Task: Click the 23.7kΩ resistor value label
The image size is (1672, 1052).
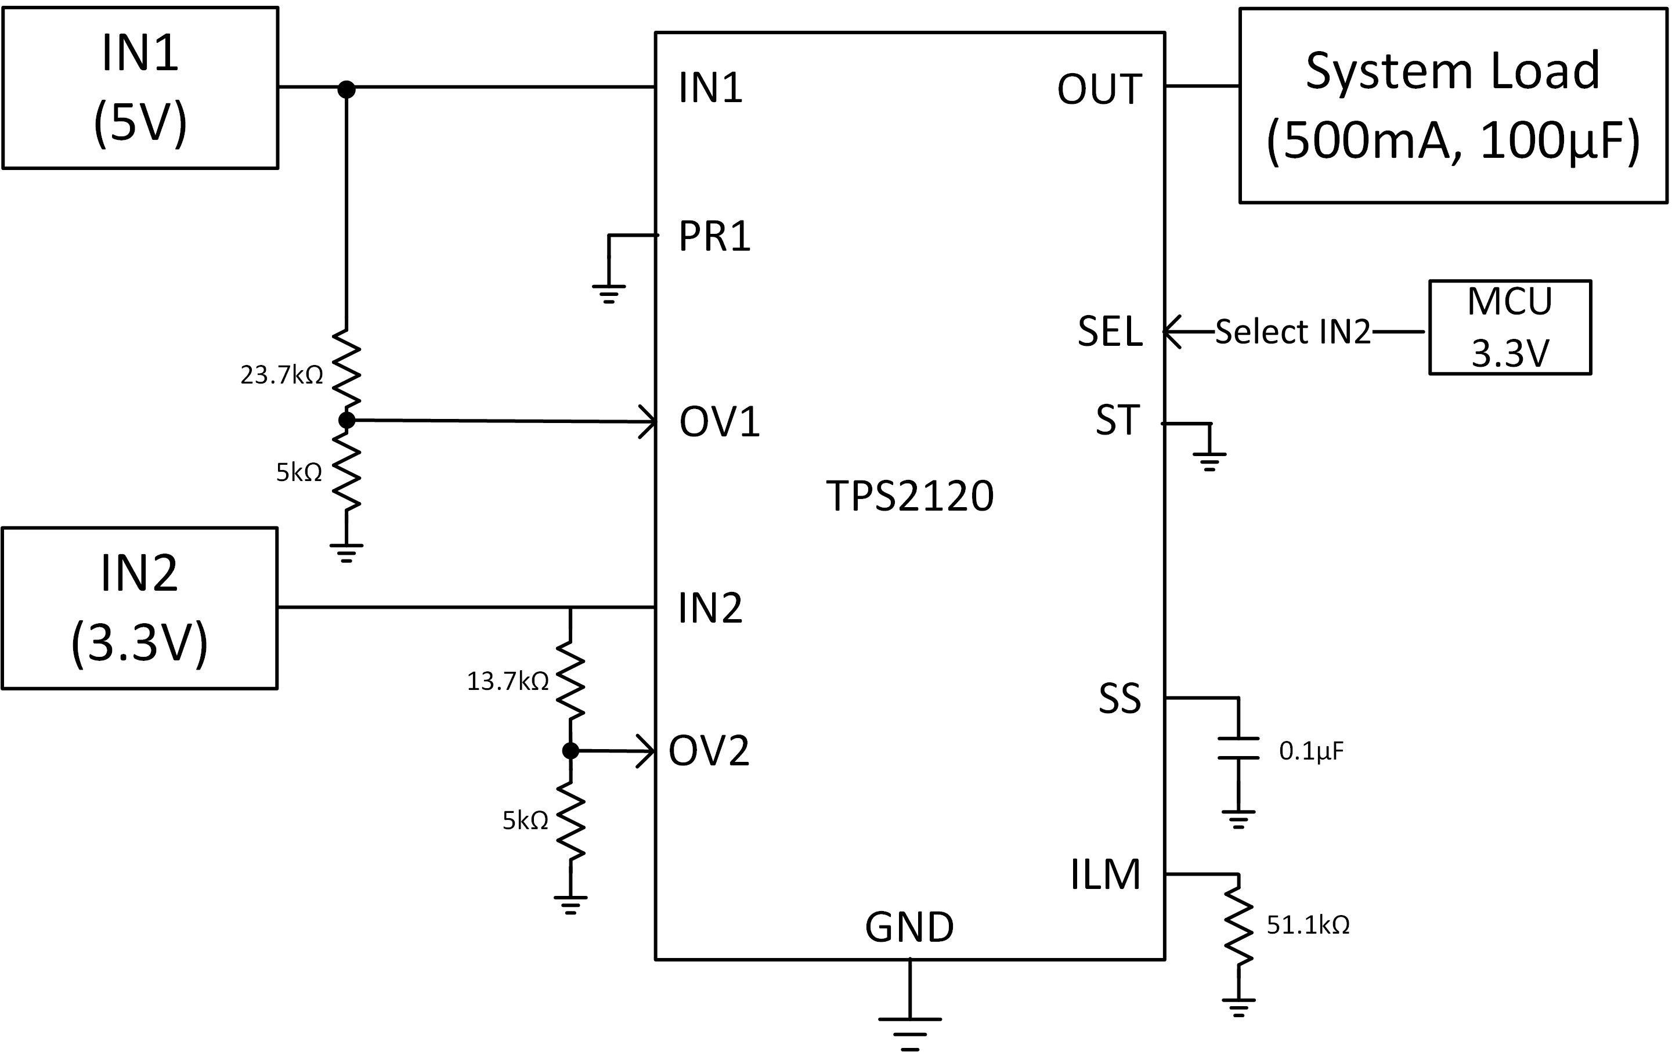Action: (281, 375)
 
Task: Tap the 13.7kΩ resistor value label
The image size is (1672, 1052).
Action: (508, 681)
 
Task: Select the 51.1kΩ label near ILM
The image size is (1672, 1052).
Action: (1308, 925)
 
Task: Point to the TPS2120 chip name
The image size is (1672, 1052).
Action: (909, 496)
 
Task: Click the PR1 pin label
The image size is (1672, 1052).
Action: (714, 236)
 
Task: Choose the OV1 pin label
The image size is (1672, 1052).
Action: (720, 421)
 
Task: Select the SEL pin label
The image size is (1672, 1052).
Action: (1110, 331)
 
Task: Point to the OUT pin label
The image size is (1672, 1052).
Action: (1099, 89)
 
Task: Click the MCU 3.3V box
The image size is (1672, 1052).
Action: (1510, 328)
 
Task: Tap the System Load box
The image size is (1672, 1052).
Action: (1453, 106)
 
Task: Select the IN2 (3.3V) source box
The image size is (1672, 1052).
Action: (139, 608)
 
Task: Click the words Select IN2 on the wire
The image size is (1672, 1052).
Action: (1293, 332)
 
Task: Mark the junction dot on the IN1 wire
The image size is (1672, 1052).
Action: (346, 89)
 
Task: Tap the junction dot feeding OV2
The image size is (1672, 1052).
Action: (570, 751)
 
